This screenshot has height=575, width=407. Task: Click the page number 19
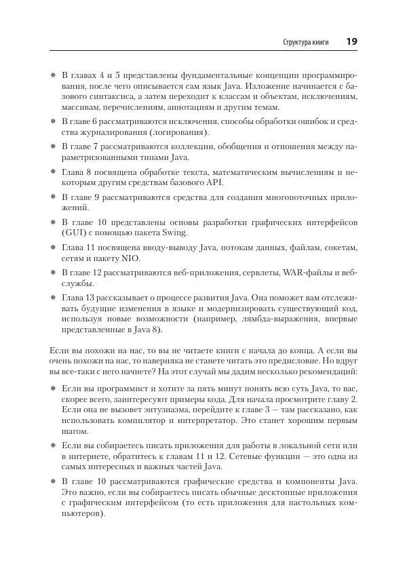351,41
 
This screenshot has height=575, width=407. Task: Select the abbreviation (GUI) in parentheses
73,233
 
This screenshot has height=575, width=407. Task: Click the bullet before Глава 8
53,172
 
